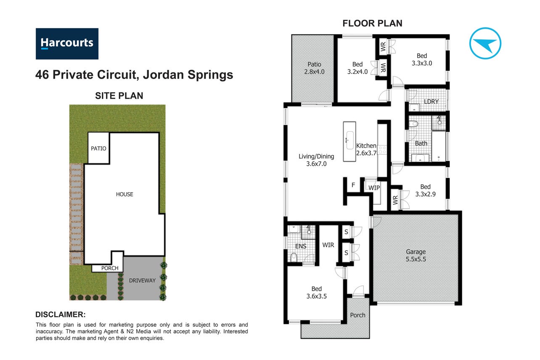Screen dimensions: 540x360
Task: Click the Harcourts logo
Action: tap(67, 44)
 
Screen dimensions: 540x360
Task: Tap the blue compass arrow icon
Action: tap(485, 43)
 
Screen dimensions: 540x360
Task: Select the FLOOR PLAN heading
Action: tap(372, 24)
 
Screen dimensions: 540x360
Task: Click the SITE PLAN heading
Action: tap(119, 96)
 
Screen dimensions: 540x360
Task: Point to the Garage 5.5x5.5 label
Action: tap(416, 255)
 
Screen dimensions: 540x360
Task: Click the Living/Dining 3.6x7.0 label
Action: tap(316, 160)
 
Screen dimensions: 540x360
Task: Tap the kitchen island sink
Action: tap(349, 140)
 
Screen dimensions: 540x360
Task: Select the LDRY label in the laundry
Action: tap(431, 101)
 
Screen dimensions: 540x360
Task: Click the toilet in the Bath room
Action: tap(413, 124)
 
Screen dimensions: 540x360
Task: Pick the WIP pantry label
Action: tap(374, 188)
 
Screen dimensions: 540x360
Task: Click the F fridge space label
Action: tap(353, 185)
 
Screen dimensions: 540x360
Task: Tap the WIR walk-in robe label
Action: tap(328, 245)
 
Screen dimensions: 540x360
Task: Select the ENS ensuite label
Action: tap(301, 246)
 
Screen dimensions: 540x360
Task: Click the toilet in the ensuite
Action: tap(294, 257)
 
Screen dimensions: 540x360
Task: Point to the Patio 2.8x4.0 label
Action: tap(314, 68)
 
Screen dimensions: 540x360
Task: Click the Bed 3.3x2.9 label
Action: tap(425, 190)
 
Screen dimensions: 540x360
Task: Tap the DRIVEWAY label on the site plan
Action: tap(142, 281)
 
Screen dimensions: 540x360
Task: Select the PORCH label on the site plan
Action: tap(110, 268)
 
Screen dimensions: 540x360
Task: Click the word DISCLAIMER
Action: tap(60, 315)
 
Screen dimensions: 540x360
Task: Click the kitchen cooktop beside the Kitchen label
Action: tap(382, 149)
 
